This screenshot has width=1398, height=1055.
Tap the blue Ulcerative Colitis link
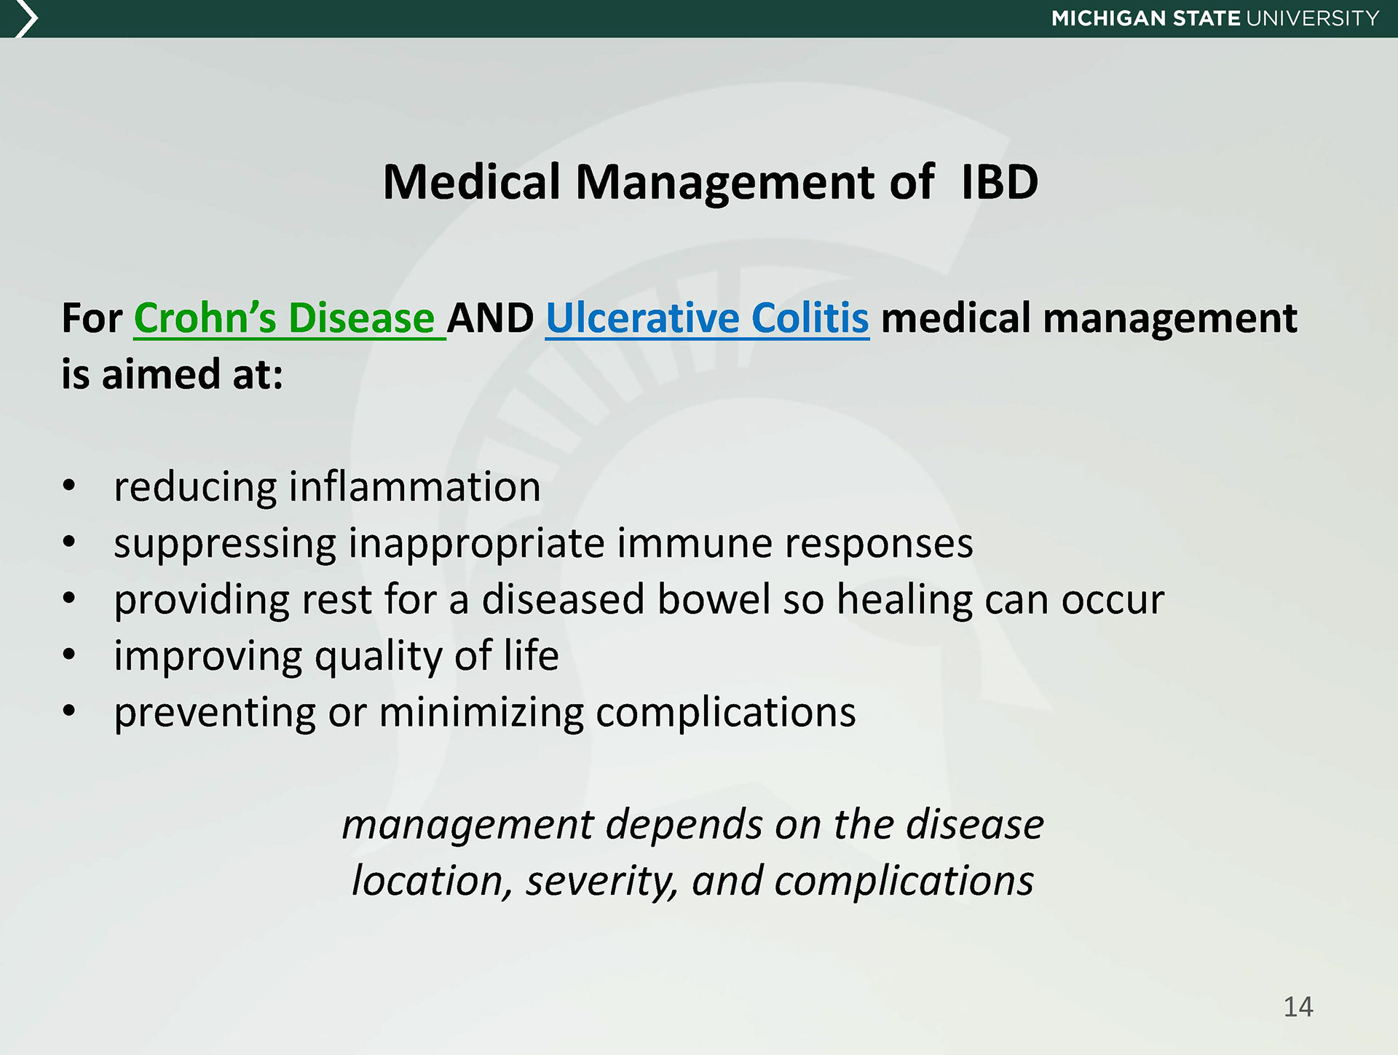pos(708,318)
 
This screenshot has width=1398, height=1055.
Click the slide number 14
pos(1298,1007)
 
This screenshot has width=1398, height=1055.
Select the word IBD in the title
pos(1000,181)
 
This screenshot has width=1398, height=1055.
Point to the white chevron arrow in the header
pos(25,18)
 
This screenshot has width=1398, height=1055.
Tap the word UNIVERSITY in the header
pos(1313,18)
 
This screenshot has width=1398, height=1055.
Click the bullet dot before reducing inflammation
pos(69,486)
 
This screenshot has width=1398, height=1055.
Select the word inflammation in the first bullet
pos(415,486)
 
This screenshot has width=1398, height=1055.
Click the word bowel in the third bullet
pos(714,599)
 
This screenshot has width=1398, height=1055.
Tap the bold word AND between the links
pos(491,319)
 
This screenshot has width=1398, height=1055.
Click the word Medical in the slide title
pos(472,181)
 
